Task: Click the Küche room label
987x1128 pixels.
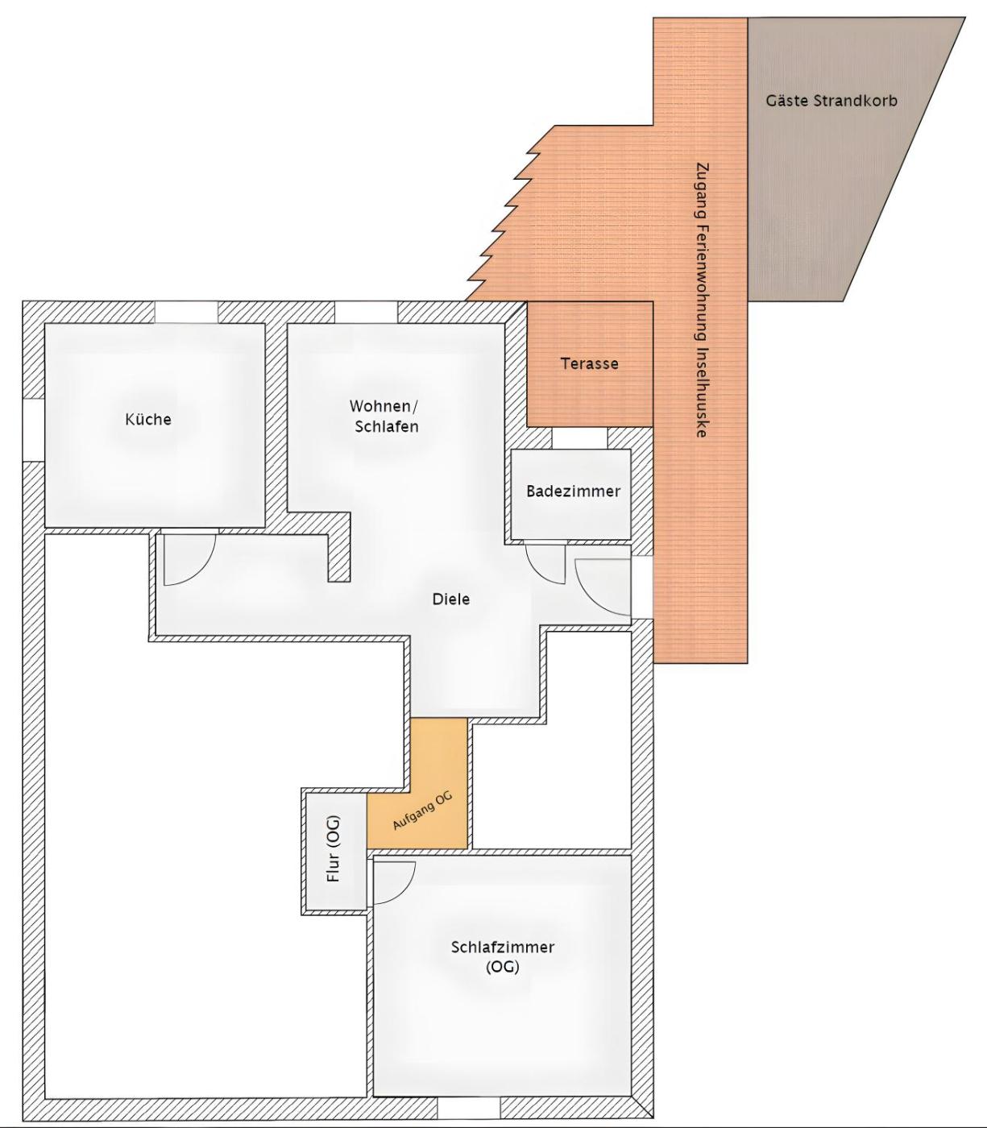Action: pos(148,419)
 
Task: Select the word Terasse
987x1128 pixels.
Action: pos(590,364)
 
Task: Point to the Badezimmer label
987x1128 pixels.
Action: pos(574,491)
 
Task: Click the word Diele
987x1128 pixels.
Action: pos(451,599)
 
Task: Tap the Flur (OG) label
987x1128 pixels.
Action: pos(334,848)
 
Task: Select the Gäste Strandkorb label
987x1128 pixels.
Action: pos(831,101)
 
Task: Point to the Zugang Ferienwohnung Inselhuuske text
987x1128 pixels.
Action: pos(702,300)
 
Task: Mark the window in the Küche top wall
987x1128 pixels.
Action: pos(186,312)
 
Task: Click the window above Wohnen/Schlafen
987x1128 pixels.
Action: pos(366,312)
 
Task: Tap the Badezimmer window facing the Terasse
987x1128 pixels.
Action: pos(579,438)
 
